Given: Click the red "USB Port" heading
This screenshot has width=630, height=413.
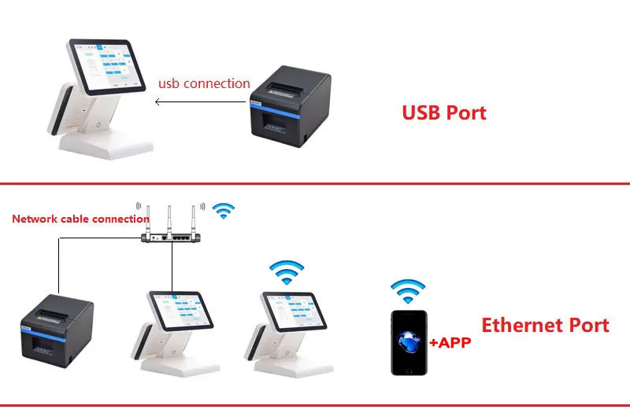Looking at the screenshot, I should [443, 112].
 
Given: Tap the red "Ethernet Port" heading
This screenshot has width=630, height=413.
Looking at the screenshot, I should [545, 325].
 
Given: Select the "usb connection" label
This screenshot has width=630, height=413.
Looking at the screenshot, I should [204, 83].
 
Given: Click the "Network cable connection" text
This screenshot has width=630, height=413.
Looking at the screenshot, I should [80, 219].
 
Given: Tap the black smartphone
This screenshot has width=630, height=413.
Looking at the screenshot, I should [409, 341].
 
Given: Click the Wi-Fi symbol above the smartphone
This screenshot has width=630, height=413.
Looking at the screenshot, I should [408, 291].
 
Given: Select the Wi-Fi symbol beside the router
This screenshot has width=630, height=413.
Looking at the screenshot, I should [224, 210].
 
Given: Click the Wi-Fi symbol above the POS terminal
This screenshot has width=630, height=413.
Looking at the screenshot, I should [286, 272].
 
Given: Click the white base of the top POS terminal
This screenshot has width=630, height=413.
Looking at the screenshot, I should [106, 141].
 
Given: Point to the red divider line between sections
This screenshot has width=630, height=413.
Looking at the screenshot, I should [315, 184].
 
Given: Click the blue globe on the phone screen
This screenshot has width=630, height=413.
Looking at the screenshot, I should [409, 341].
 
